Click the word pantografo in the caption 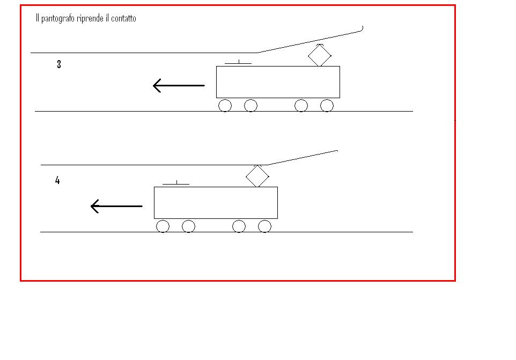(57, 18)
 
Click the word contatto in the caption (123, 18)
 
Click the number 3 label (59, 64)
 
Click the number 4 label (57, 180)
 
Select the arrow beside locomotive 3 (179, 85)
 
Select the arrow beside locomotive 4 (116, 207)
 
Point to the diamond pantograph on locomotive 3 (320, 55)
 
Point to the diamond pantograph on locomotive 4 (257, 176)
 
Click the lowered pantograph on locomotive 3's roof (238, 63)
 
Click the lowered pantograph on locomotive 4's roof (176, 183)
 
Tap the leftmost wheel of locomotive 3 (225, 106)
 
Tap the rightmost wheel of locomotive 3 (327, 106)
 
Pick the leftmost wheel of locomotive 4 (163, 226)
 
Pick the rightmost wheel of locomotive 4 (264, 226)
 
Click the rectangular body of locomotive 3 (278, 82)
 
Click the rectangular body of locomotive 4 (216, 203)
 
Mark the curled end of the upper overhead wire (362, 30)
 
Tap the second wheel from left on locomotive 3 (251, 106)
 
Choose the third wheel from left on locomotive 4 (239, 226)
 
